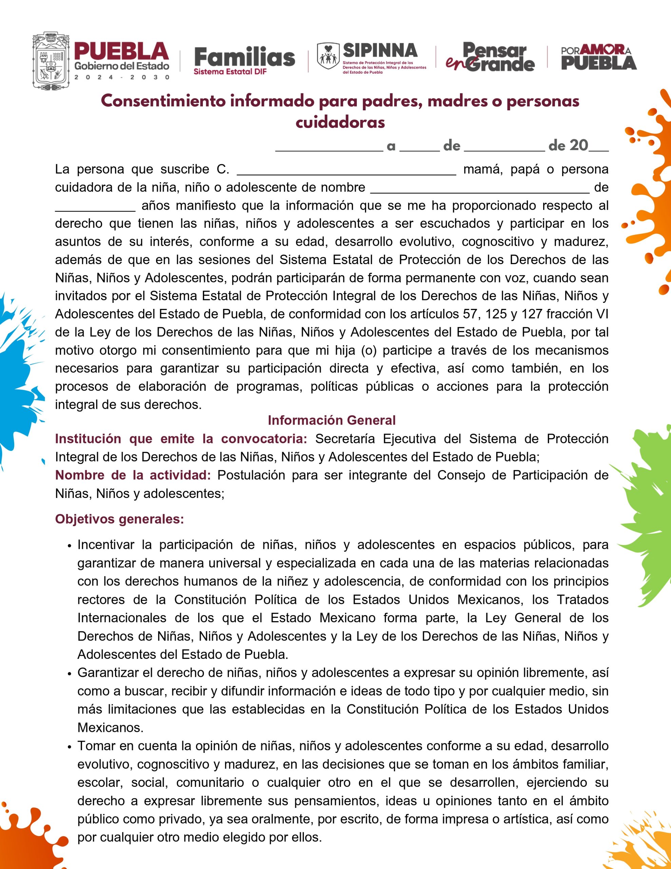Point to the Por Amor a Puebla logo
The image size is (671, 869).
pos(599,58)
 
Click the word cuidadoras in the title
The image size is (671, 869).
pos(340,122)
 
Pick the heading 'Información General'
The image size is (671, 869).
pos(331,420)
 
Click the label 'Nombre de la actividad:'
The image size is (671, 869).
pos(133,475)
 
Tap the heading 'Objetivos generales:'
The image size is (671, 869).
pos(119,519)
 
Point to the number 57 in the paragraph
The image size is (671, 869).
pos(470,314)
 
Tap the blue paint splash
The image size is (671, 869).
pos(20,378)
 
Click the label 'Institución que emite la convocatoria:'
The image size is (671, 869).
pos(181,439)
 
